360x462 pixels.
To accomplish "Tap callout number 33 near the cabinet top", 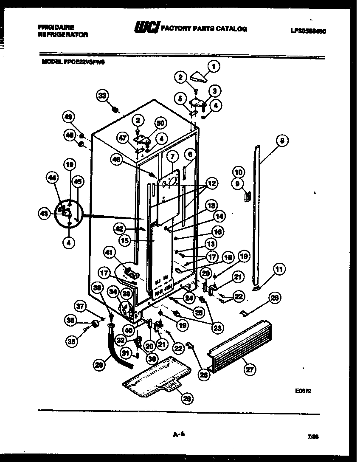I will pos(102,96).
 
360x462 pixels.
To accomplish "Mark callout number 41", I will pos(110,254).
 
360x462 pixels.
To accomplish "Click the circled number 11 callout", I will pos(279,268).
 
